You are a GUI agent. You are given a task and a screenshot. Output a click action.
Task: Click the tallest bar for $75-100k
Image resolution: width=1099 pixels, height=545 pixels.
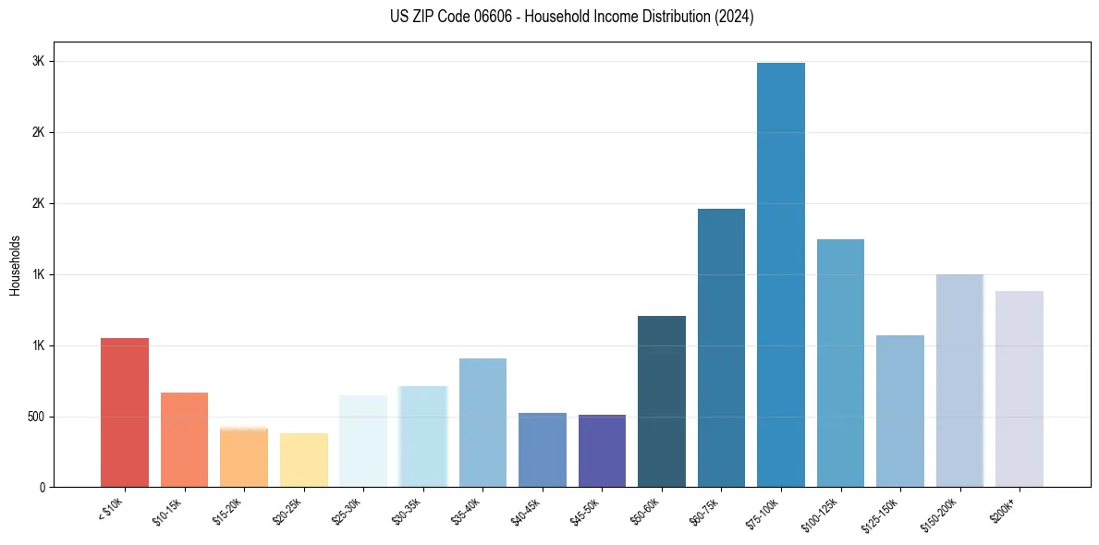[780, 274]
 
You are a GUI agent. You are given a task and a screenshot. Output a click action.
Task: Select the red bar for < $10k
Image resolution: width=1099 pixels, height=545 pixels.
[125, 412]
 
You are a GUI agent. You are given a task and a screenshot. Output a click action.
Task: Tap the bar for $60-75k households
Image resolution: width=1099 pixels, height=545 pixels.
[721, 347]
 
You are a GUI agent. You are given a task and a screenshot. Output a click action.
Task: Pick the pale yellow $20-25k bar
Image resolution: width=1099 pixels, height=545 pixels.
[303, 460]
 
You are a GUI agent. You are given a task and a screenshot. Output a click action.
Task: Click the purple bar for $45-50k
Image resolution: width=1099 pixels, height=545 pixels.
[602, 451]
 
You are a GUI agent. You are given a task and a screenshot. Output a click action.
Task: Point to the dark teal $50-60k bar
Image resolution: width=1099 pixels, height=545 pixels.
[662, 401]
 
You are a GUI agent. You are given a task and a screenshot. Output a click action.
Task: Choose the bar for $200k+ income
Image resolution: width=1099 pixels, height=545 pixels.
[1019, 389]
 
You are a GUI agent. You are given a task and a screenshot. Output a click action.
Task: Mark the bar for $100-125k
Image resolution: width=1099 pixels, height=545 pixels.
[840, 363]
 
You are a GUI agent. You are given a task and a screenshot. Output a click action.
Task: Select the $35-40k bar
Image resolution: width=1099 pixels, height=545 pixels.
[482, 422]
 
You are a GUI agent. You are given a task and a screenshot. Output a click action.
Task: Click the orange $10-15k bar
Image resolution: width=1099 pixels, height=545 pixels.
[184, 440]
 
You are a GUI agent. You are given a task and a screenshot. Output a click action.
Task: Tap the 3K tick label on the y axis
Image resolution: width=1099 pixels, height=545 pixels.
[39, 61]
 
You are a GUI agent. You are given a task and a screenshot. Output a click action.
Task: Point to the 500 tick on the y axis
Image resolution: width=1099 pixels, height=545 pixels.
[34, 417]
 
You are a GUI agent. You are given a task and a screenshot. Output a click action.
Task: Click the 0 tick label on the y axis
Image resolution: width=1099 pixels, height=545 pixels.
[42, 488]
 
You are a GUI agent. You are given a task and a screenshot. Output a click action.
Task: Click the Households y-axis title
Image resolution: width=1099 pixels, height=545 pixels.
[16, 265]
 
